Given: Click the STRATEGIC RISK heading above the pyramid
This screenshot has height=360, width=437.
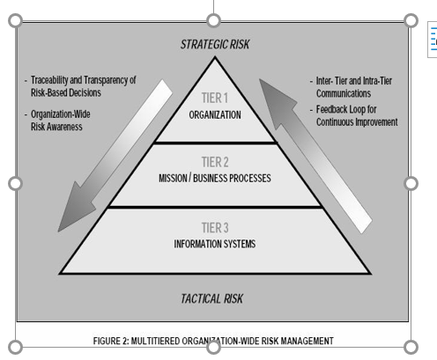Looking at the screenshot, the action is click(215, 45).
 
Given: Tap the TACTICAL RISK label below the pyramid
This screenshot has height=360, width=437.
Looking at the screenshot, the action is click(211, 298).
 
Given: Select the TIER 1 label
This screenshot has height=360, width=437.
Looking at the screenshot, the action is click(215, 98).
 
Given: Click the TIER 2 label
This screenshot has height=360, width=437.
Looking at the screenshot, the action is click(215, 162).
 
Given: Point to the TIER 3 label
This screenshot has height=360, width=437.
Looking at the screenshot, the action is click(215, 228).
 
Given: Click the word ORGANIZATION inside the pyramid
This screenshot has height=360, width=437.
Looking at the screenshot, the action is click(215, 115).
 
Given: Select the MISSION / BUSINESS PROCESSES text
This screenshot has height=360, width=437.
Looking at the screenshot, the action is click(215, 178).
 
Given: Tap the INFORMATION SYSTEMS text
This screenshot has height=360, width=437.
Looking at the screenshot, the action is click(215, 244).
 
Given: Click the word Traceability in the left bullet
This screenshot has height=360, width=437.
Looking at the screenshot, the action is click(49, 80).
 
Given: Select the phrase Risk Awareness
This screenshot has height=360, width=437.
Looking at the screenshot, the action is click(56, 127).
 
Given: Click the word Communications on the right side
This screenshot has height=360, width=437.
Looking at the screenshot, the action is click(344, 93).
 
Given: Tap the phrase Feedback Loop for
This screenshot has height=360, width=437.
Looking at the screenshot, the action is click(346, 109).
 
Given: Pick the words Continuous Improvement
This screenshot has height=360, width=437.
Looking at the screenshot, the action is click(357, 122).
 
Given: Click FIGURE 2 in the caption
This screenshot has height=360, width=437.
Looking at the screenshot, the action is click(111, 341).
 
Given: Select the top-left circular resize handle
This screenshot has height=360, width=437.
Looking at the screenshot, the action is click(15, 20).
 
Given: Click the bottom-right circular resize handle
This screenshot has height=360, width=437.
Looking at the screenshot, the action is click(411, 348).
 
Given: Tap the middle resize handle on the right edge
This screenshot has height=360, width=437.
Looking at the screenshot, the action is click(411, 184).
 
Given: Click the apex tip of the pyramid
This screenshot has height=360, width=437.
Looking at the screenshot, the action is click(215, 57).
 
